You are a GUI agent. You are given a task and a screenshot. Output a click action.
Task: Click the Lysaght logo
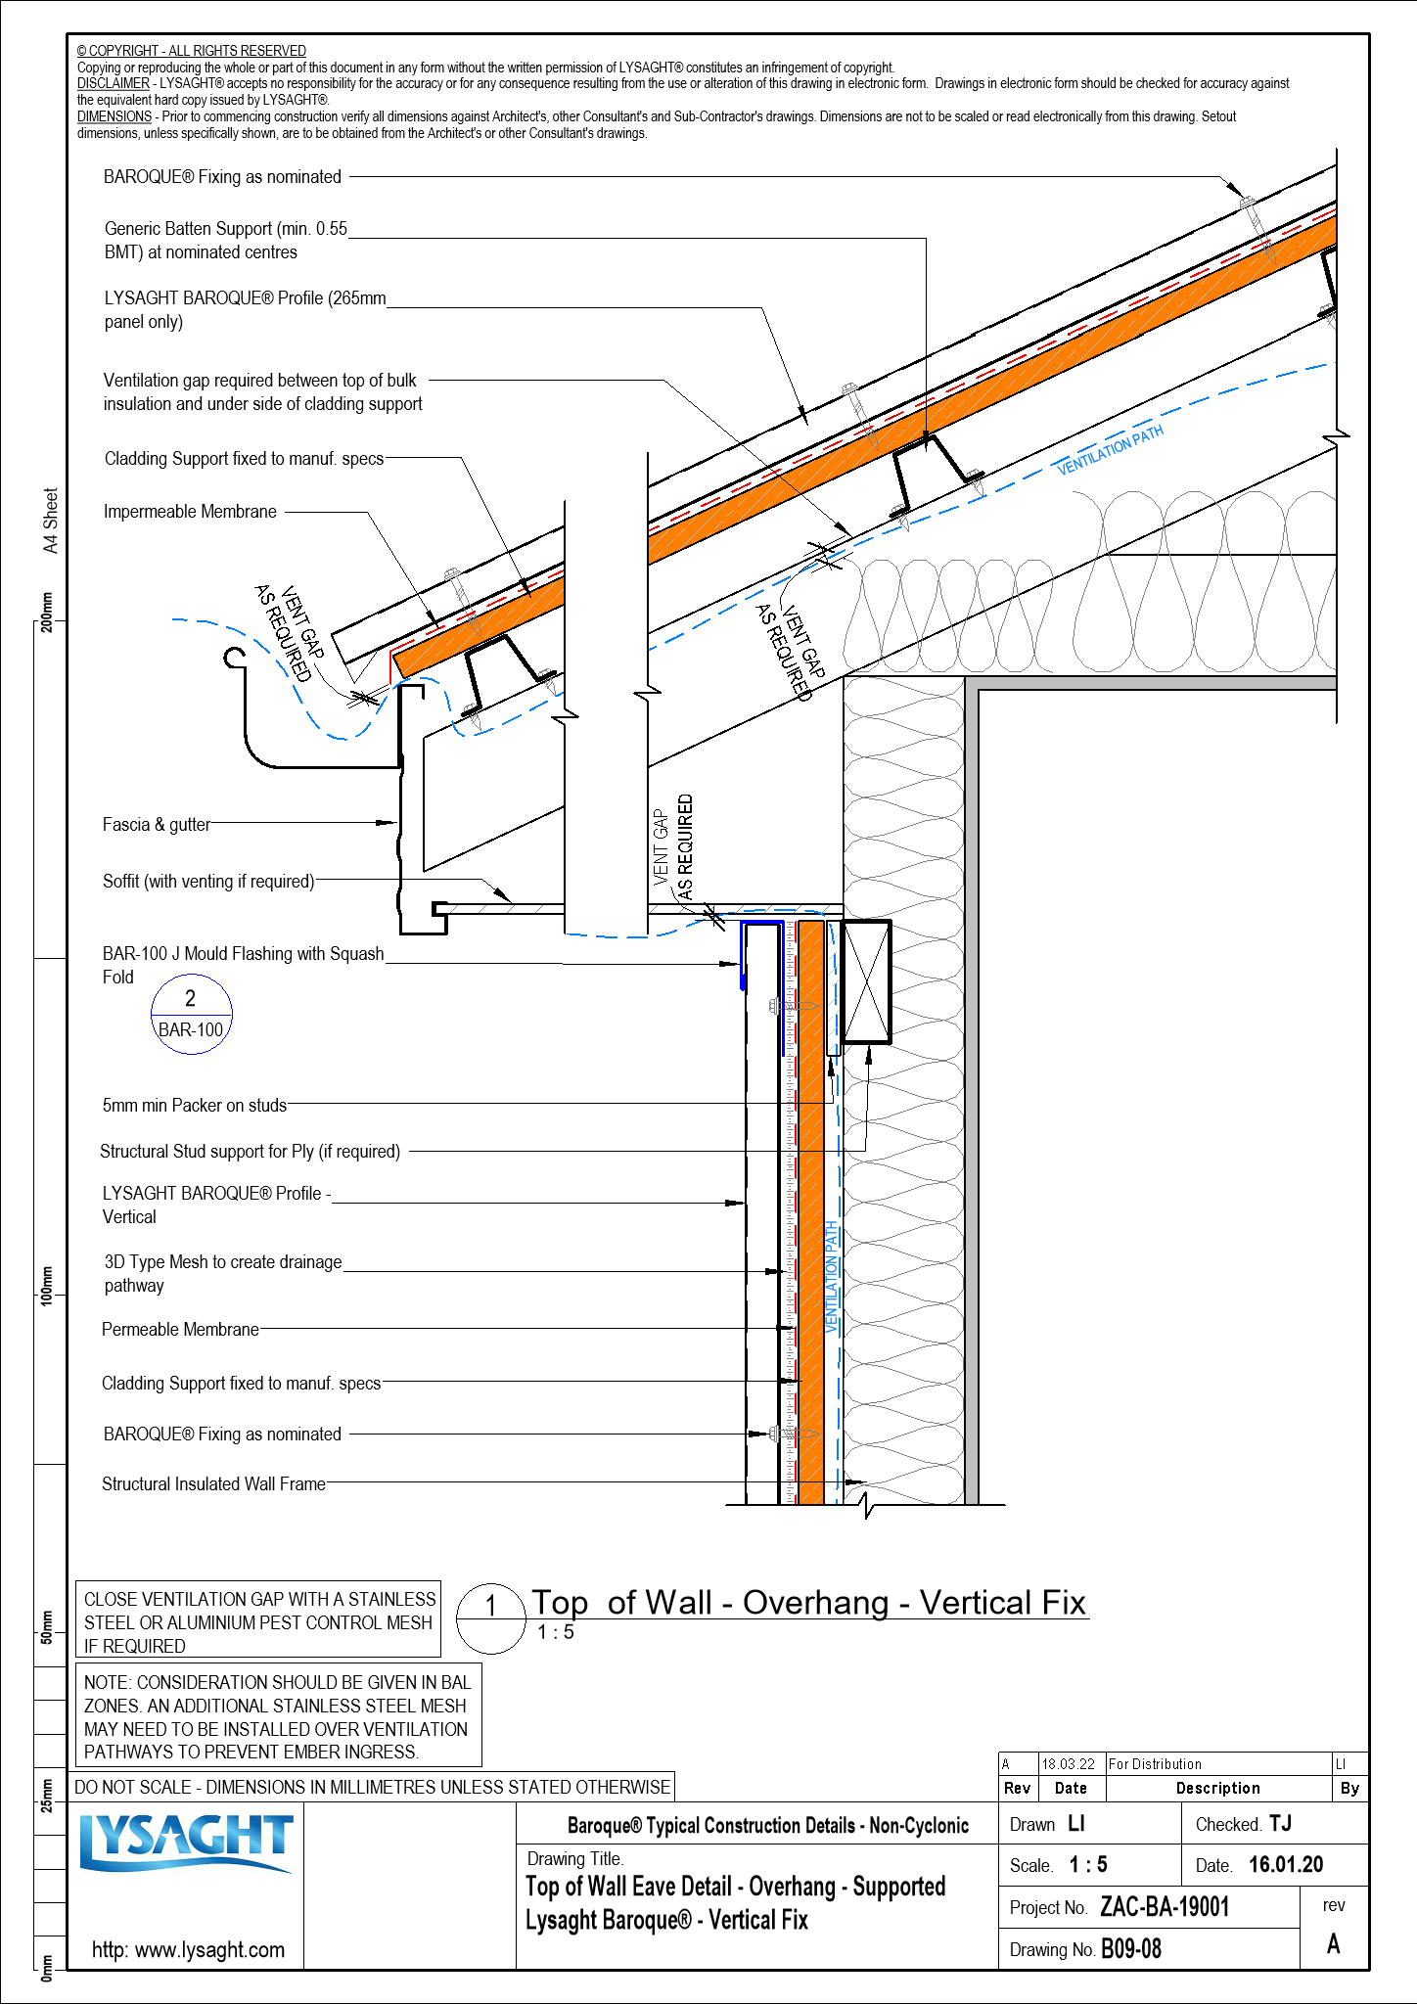coord(186,1844)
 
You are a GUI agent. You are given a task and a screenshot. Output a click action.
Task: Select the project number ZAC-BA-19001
coord(1164,1907)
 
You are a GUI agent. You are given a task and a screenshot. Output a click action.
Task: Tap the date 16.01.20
coord(1285,1865)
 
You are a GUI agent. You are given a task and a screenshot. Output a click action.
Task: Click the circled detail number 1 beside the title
coord(491,1607)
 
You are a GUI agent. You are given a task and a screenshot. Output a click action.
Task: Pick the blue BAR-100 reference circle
coord(191,1014)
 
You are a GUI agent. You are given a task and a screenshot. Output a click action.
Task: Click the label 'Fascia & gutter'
coord(157,825)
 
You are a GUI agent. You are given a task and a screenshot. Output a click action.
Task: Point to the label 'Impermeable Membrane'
coord(190,512)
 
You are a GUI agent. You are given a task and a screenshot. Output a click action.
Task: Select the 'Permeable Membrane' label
coord(180,1330)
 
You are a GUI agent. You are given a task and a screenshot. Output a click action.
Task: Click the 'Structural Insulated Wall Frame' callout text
coord(213,1484)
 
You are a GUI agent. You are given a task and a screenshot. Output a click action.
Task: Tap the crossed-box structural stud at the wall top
coord(866,981)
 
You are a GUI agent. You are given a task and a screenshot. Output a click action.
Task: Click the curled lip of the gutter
coord(233,658)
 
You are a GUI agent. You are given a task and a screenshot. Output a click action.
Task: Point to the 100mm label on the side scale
coord(47,1285)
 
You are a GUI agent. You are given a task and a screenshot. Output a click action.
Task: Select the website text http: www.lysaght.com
coord(188,1950)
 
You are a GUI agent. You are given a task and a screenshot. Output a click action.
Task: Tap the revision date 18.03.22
coord(1068,1764)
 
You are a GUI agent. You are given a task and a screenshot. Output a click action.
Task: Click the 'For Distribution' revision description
coord(1155,1764)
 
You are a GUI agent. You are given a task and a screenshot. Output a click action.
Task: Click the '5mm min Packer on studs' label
coord(195,1106)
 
